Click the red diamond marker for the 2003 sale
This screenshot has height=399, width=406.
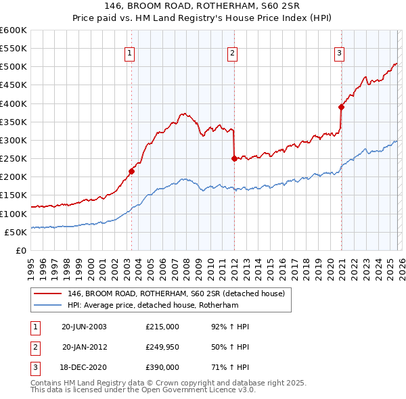131,171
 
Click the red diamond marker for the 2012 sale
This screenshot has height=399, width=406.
234,159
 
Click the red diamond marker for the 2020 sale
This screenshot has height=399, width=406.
341,107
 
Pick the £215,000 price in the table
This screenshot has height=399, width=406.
162,327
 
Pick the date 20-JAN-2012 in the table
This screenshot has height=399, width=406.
84,347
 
